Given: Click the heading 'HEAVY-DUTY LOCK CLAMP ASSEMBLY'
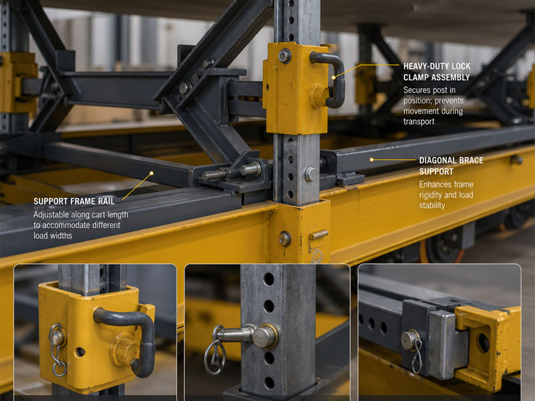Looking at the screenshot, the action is [437, 72].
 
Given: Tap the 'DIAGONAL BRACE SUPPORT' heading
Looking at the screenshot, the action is [451, 166].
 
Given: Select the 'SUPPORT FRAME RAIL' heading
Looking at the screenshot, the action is [74, 201].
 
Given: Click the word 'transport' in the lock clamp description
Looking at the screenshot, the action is [419, 122].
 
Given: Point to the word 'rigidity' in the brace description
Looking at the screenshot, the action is [433, 195].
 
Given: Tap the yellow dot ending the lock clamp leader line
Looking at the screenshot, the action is [334, 78].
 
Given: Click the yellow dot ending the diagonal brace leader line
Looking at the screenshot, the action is [372, 160].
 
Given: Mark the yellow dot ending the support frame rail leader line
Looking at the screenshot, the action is [152, 173].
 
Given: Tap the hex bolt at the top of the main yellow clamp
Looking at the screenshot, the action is [285, 56].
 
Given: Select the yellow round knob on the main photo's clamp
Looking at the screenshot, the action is [319, 96].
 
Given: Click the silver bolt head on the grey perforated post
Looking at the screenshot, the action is [310, 174].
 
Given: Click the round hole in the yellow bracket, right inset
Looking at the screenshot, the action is [483, 343].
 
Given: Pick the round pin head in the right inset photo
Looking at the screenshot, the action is [411, 339].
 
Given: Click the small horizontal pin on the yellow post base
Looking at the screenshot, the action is [319, 235].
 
